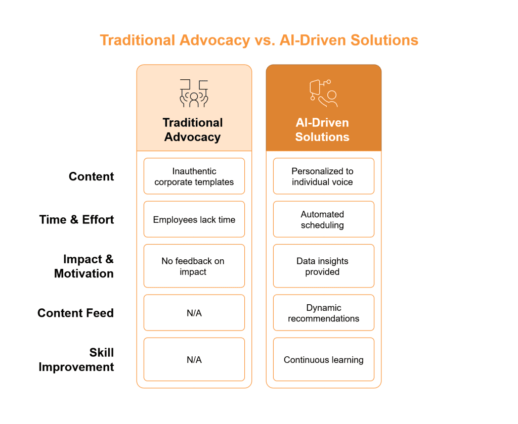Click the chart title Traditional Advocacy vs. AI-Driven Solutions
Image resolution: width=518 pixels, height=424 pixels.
[x=259, y=40]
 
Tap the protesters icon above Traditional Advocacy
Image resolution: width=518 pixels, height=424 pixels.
[x=194, y=93]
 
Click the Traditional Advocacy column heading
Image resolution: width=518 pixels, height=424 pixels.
[x=193, y=130]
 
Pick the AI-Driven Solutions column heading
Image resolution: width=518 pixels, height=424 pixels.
[x=322, y=130]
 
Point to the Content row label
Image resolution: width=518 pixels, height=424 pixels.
[x=92, y=176]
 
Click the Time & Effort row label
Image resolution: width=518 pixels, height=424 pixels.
[x=77, y=219]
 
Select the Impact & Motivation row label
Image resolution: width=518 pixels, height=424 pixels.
[x=84, y=266]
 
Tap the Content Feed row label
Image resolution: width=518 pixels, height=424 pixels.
[x=76, y=313]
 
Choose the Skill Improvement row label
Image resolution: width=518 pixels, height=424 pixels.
[x=77, y=360]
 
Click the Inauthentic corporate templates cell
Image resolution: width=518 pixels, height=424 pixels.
[x=194, y=176]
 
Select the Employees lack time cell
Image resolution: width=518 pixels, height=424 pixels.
[x=194, y=219]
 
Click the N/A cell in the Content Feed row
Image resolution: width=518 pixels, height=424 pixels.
[x=194, y=313]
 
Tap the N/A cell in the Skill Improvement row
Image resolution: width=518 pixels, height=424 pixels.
[x=194, y=360]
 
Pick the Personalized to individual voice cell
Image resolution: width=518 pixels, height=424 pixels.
[x=323, y=176]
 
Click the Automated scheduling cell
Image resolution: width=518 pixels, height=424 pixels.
[x=323, y=219]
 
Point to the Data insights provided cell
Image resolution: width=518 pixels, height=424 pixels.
[x=323, y=266]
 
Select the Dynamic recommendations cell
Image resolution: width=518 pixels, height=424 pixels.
[x=323, y=313]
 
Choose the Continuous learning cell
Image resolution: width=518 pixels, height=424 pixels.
[x=323, y=360]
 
